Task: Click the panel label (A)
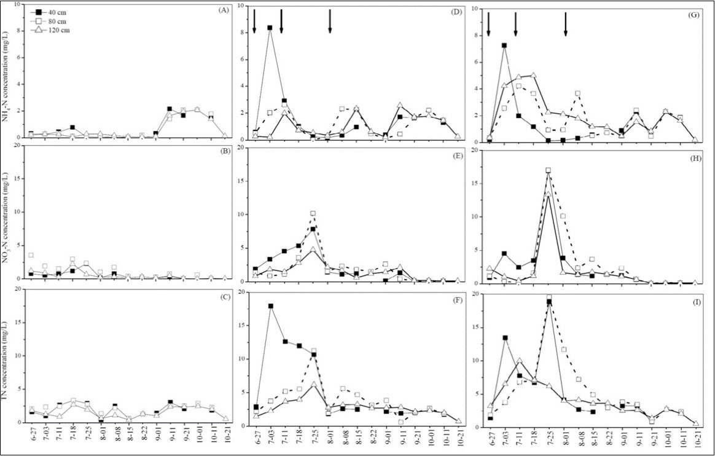217,10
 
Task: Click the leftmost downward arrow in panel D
254,22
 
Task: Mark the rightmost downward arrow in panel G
566,24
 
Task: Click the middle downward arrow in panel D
281,22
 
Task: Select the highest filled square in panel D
270,28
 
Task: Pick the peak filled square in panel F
270,306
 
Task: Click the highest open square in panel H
549,170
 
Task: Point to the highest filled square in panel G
504,45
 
